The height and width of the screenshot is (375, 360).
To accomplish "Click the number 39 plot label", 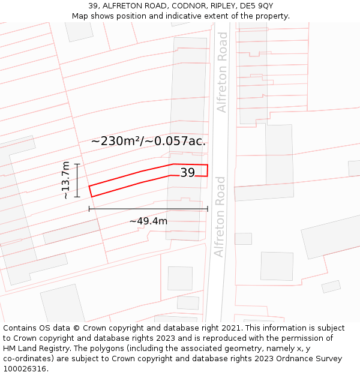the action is [188, 173].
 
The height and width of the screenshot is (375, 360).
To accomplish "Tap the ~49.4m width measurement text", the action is [148, 221].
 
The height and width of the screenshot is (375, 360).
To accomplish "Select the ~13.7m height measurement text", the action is [65, 180].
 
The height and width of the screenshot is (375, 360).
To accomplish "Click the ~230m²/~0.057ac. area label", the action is [148, 142].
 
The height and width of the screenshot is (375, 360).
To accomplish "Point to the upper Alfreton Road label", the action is [222, 72].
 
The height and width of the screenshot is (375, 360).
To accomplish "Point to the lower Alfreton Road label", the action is [220, 216].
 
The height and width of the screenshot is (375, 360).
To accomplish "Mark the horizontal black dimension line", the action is [148, 209].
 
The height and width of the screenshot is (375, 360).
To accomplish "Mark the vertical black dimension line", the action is [77, 180].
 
